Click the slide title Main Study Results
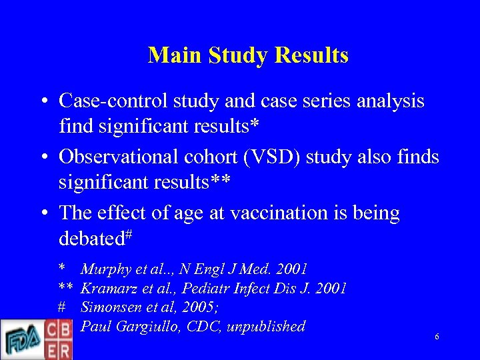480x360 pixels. pyautogui.click(x=248, y=55)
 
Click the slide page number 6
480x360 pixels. pyautogui.click(x=437, y=337)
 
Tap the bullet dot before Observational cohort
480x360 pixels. pyautogui.click(x=43, y=157)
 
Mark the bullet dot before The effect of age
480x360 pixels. pyautogui.click(x=43, y=213)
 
